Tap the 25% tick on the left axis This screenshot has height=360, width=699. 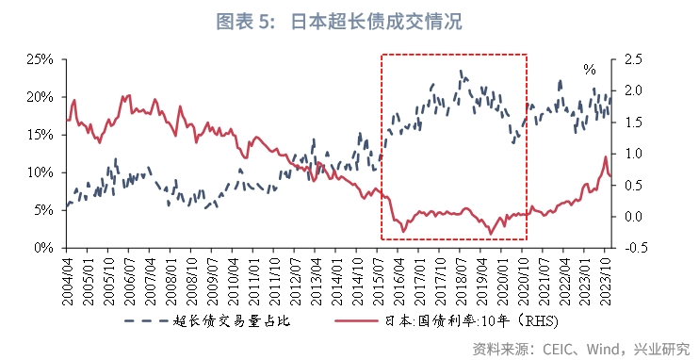click(x=40, y=59)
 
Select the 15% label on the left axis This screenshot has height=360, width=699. click(x=40, y=135)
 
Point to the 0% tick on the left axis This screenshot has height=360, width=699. click(x=43, y=248)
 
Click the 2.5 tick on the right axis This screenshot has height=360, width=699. click(x=634, y=59)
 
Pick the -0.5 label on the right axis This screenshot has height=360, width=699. click(x=636, y=248)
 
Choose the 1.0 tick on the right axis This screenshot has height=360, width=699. click(x=634, y=154)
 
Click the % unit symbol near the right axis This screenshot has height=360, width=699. click(x=590, y=70)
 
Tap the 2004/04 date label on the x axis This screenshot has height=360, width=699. click(x=67, y=276)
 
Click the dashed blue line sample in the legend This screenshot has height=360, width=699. click(x=146, y=320)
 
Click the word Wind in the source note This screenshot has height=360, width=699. click(x=604, y=348)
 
